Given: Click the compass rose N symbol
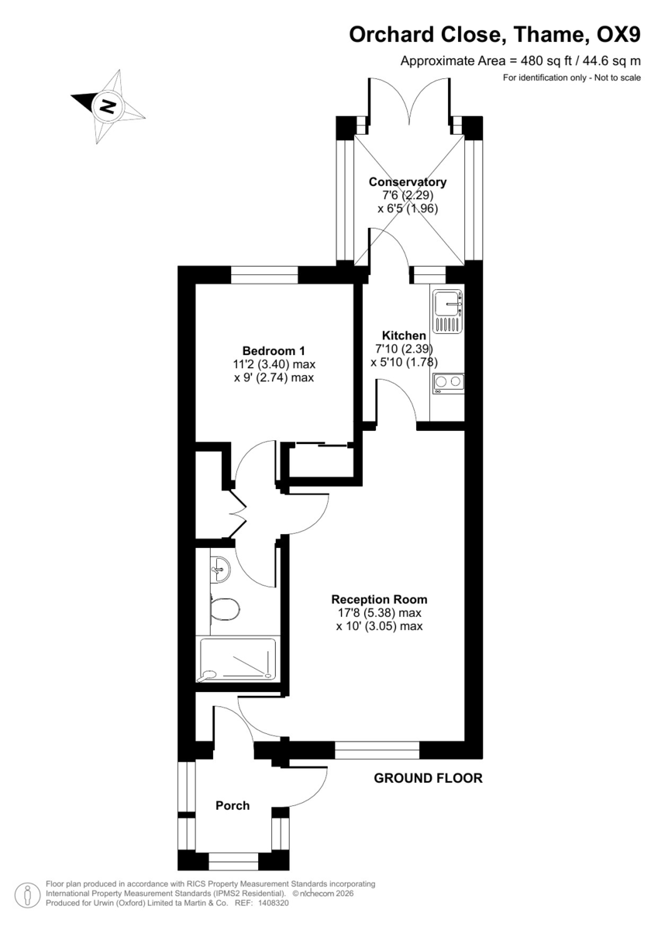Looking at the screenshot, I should (109, 105).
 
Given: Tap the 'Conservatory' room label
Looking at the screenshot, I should (407, 182).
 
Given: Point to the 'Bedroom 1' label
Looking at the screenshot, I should (267, 350).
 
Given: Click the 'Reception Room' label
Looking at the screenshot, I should (379, 599).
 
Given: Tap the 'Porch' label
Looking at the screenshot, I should (233, 805).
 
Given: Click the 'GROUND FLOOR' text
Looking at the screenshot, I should (428, 778).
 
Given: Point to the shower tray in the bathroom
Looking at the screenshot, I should (237, 659).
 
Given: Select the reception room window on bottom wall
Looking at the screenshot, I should (377, 749).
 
